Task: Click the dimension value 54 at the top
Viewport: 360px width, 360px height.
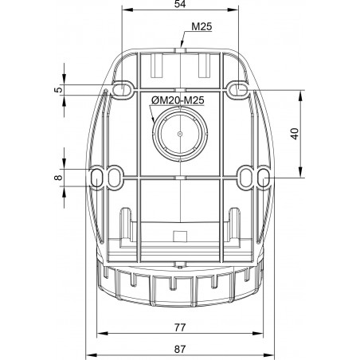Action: coord(180,4)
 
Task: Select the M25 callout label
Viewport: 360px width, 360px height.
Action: coord(202,26)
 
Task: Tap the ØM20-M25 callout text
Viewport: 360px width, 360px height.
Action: coord(178,100)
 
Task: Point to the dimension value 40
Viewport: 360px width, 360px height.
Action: coord(295,133)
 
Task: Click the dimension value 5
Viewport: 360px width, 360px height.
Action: coord(59,90)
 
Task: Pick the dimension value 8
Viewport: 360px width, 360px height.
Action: coord(58,178)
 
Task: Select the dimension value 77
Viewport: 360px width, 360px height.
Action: coord(180,327)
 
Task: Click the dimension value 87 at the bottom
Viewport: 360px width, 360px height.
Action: coord(180,349)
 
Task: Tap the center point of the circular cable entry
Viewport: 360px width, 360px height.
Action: coord(180,134)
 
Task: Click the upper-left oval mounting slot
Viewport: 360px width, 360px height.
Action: coord(122,89)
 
